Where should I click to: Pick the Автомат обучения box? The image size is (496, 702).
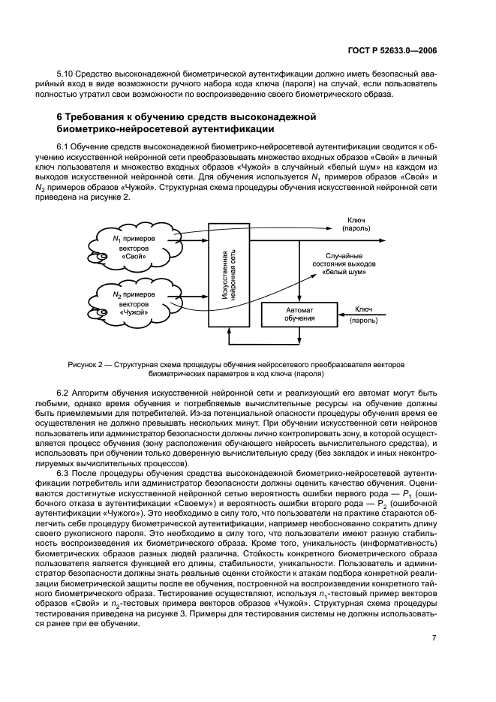[x=299, y=314]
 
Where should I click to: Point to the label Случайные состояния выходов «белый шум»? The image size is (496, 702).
[x=344, y=264]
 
